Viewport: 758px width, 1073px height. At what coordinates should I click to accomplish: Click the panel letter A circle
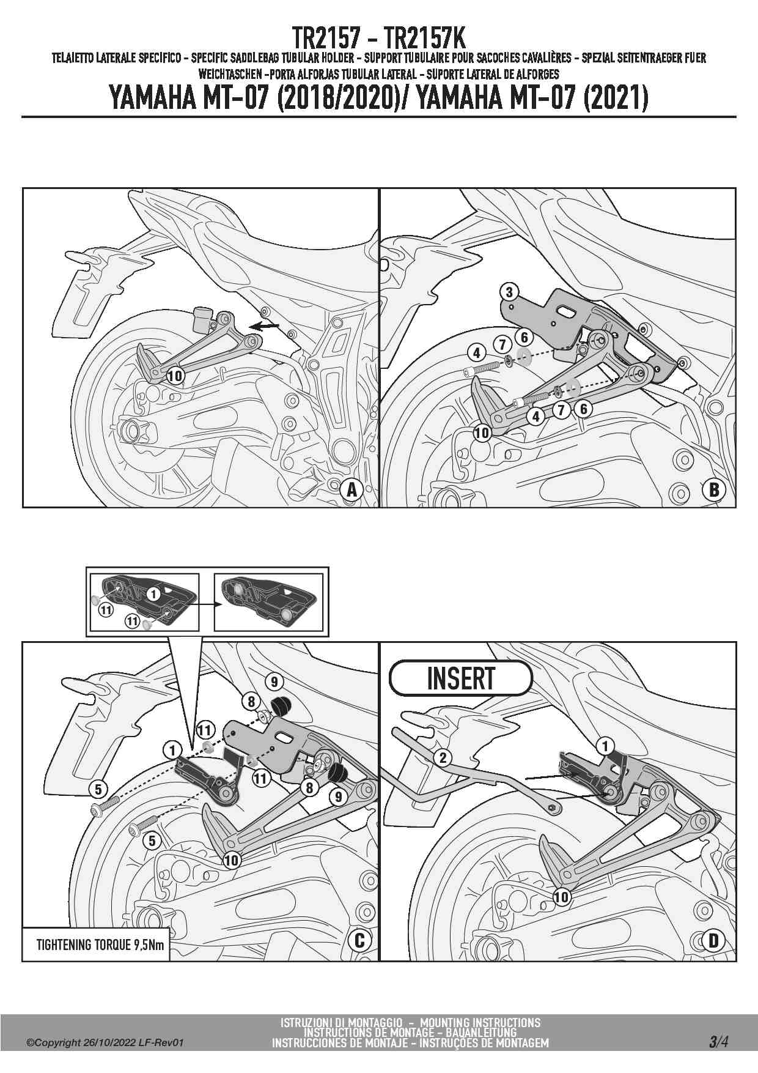point(351,490)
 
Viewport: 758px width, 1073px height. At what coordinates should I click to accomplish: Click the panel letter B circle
point(714,489)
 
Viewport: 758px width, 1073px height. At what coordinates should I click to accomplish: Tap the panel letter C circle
point(359,940)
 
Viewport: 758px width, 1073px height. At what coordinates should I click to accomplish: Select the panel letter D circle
point(714,940)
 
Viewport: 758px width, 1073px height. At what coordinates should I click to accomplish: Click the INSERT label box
point(460,678)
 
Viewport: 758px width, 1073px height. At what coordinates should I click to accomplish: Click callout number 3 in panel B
point(509,292)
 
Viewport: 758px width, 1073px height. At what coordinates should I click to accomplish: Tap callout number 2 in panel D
point(443,758)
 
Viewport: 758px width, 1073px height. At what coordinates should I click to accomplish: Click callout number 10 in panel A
point(175,375)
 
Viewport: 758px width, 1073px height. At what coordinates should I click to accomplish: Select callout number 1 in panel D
point(605,746)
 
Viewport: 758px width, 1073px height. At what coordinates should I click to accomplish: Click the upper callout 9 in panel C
point(274,681)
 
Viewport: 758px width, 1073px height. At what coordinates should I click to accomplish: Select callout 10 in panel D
point(561,897)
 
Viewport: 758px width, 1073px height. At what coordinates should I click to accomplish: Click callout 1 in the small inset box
point(153,593)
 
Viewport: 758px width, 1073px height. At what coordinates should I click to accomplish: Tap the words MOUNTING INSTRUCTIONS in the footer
point(480,1022)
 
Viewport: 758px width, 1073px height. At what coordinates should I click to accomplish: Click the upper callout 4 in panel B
point(476,353)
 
